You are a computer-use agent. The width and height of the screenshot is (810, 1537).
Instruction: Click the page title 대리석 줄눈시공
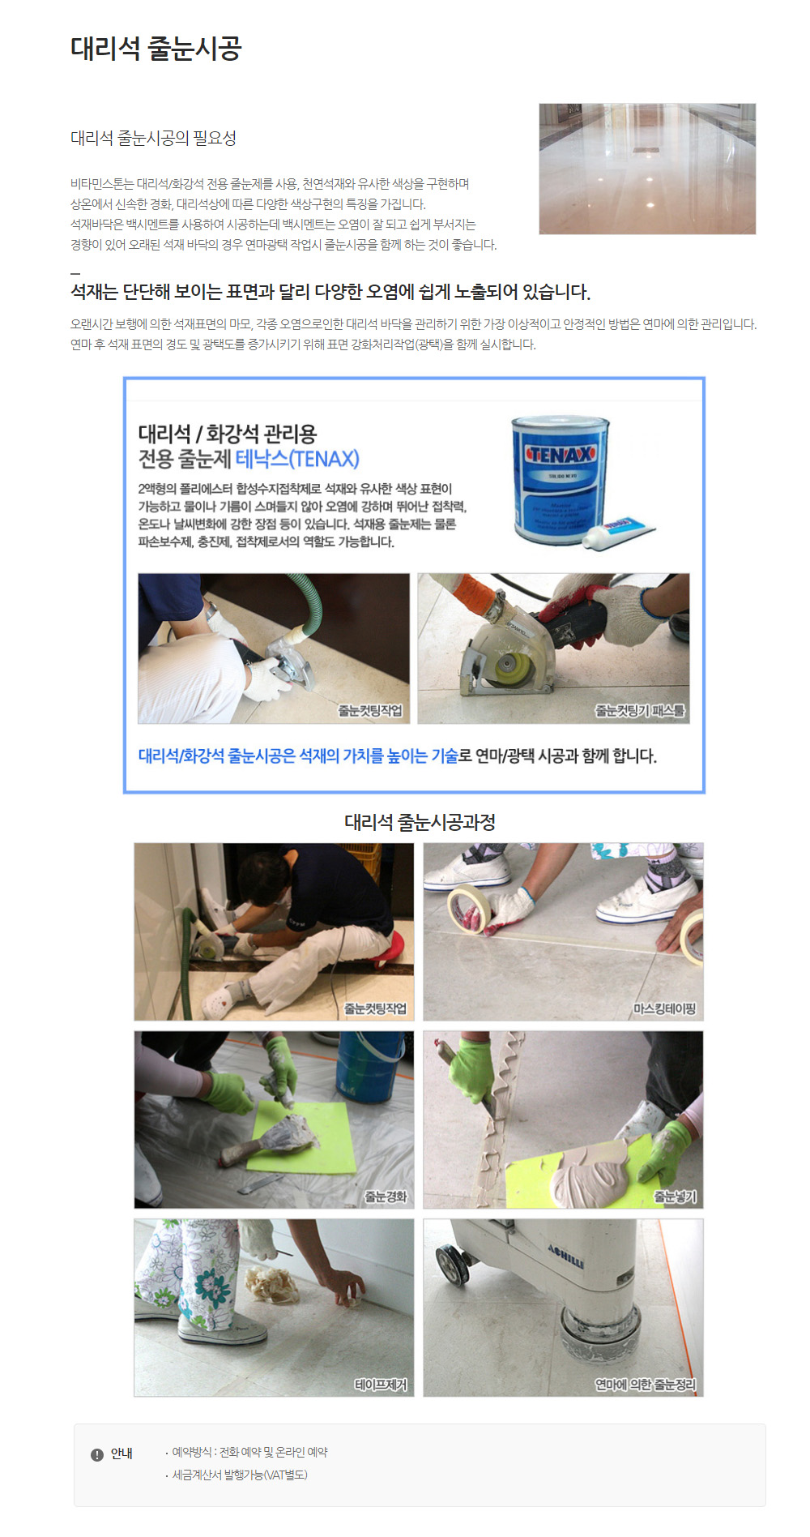pos(156,49)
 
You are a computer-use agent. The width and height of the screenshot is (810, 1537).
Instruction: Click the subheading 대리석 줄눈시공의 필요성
pos(153,138)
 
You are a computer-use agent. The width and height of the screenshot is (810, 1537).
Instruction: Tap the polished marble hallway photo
pos(647,169)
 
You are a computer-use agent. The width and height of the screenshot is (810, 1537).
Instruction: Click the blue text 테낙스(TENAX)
pos(297,459)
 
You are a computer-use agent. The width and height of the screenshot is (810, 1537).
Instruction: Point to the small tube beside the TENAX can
pos(620,533)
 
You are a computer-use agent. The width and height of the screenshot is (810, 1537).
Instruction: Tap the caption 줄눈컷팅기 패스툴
pos(640,711)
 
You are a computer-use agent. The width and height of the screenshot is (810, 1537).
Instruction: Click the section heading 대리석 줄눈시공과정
pos(420,822)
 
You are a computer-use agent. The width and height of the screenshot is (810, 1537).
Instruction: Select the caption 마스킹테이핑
pos(664,1008)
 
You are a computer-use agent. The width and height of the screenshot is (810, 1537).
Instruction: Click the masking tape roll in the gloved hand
pos(467,908)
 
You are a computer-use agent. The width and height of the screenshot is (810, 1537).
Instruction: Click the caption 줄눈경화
pos(386,1197)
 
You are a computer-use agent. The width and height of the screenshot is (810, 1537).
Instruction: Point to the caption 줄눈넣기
pos(675,1197)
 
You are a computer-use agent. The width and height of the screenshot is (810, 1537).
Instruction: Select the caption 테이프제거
pos(381,1385)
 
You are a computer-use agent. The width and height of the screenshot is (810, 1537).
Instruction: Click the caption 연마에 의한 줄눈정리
pos(645,1385)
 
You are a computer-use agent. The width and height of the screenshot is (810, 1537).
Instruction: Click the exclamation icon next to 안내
pos(97,1454)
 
